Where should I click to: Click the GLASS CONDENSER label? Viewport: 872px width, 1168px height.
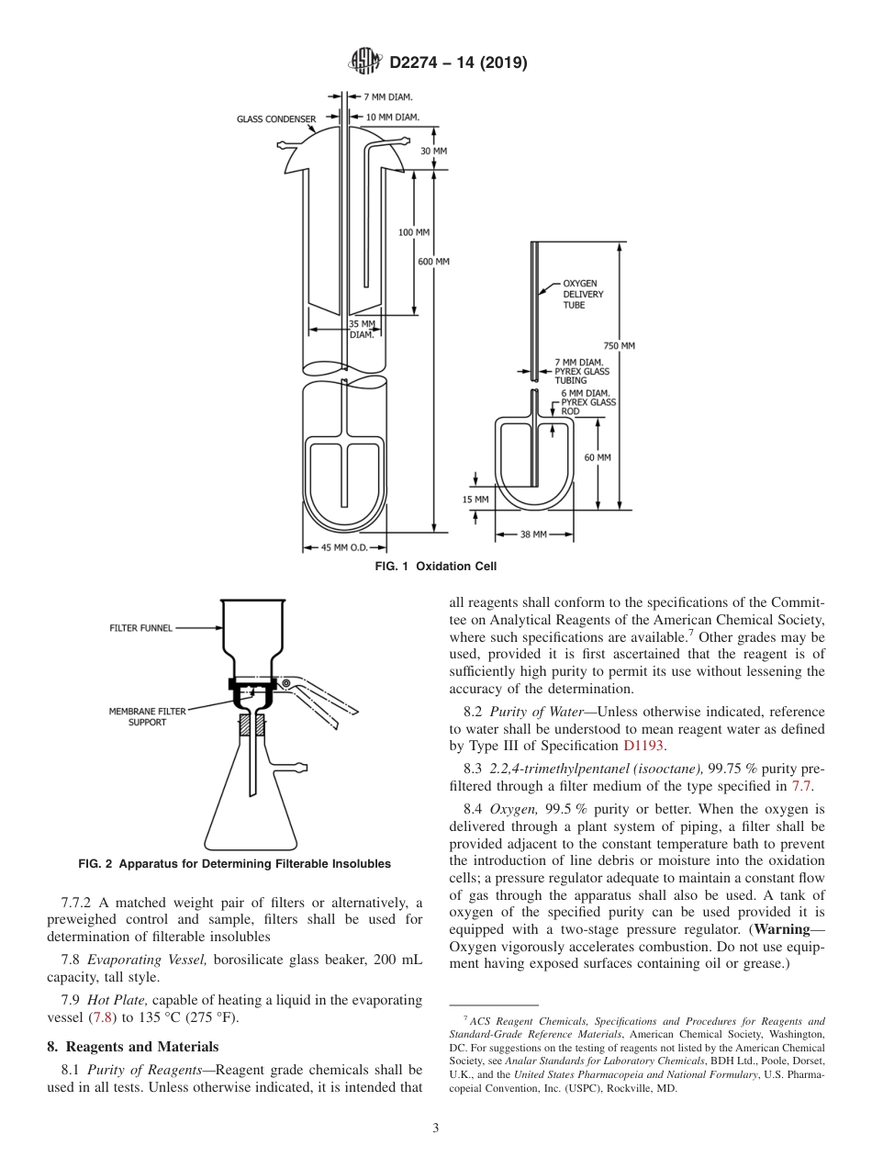[x=276, y=118]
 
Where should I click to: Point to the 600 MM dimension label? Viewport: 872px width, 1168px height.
[x=434, y=262]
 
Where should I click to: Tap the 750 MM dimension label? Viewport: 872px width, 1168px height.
[x=621, y=345]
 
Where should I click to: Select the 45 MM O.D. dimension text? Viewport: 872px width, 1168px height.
[x=345, y=548]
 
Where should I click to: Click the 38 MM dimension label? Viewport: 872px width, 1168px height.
[x=533, y=533]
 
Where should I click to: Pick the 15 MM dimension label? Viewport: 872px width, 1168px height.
[x=475, y=499]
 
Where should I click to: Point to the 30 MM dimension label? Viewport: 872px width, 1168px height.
[x=434, y=151]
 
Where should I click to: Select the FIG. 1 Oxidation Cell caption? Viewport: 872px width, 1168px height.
[x=435, y=567]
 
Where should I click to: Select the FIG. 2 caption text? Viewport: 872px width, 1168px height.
[x=234, y=864]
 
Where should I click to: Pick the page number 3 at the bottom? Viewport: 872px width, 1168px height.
[x=435, y=1129]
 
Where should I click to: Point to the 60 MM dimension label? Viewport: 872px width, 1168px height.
[x=597, y=456]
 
